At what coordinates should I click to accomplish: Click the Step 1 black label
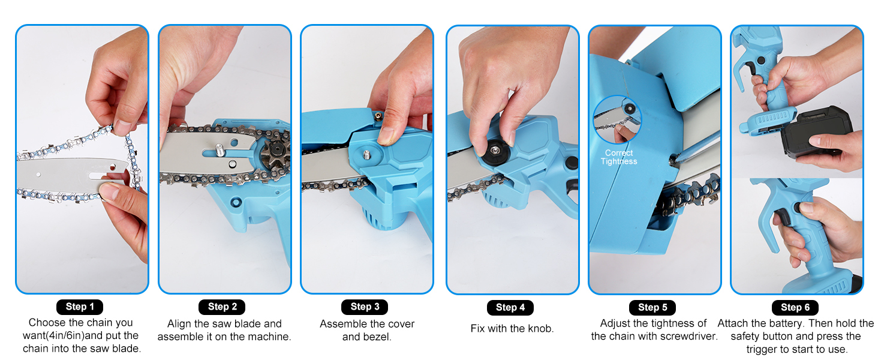tap(80, 307)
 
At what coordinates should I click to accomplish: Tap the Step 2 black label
tap(222, 307)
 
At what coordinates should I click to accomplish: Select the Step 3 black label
tap(365, 307)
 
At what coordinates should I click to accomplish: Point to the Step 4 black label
tap(510, 307)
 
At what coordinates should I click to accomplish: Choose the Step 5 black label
tap(653, 307)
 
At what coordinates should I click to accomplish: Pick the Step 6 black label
tap(795, 307)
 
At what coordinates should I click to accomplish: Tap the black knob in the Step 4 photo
tap(495, 152)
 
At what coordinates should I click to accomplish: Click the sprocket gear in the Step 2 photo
tap(275, 153)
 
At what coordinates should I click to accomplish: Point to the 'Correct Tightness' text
tap(619, 157)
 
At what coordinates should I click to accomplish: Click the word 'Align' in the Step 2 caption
tap(179, 324)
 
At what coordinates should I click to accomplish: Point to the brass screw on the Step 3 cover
tap(378, 116)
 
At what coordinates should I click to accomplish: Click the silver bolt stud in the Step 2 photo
tap(220, 149)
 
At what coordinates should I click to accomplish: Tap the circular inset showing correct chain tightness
tap(617, 119)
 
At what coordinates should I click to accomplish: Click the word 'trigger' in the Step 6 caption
tap(762, 349)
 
